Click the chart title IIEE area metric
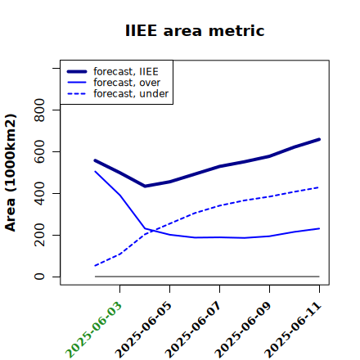195,30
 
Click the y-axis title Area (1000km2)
11,173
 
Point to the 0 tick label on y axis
39,277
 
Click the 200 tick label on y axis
39,235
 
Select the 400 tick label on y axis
39,193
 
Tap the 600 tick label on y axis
39,151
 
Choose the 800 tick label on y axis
39,110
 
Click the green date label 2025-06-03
93,330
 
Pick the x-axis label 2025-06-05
143,330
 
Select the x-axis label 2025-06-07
193,330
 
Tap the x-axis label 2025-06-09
243,330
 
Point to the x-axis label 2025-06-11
293,330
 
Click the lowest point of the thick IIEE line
145,187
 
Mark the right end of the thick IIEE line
319,139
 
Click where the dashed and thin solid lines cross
151,231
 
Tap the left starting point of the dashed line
95,266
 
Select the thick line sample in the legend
77,71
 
